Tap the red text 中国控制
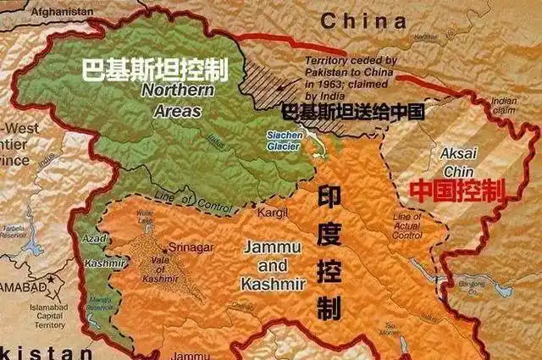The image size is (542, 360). tap(456, 190)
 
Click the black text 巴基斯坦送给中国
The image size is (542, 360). tap(351, 110)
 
